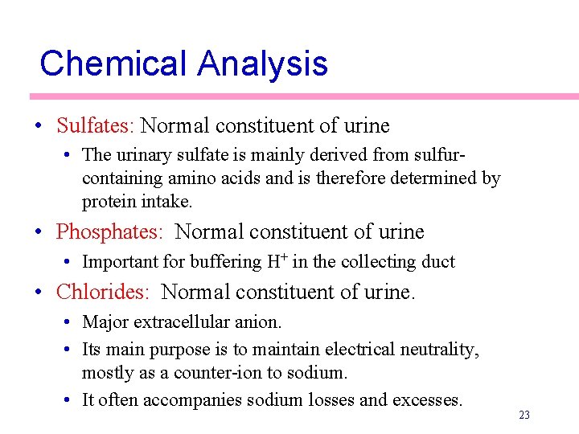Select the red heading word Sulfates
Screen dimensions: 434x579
pyautogui.click(x=96, y=126)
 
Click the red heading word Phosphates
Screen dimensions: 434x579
pyautogui.click(x=109, y=232)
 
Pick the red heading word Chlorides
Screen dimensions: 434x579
pyautogui.click(x=102, y=292)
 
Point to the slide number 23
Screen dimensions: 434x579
pyautogui.click(x=524, y=416)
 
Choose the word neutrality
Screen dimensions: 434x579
pyautogui.click(x=439, y=350)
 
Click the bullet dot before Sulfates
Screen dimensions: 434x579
pyautogui.click(x=39, y=127)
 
